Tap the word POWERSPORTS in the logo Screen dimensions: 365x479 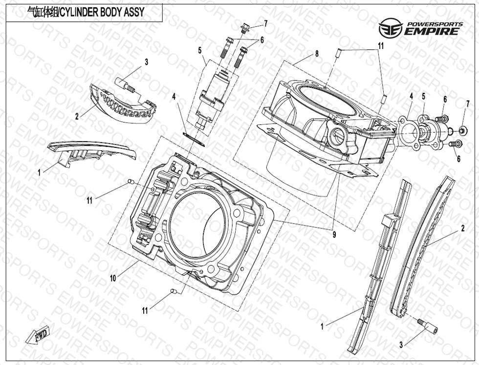click(432, 23)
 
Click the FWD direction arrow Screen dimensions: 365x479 click(35, 337)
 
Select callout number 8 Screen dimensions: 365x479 click(317, 54)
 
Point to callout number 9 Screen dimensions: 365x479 click(334, 234)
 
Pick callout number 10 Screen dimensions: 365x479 click(113, 278)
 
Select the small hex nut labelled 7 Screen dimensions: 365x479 click(461, 130)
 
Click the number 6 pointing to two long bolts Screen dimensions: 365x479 click(262, 40)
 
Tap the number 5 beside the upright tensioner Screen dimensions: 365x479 click(200, 50)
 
